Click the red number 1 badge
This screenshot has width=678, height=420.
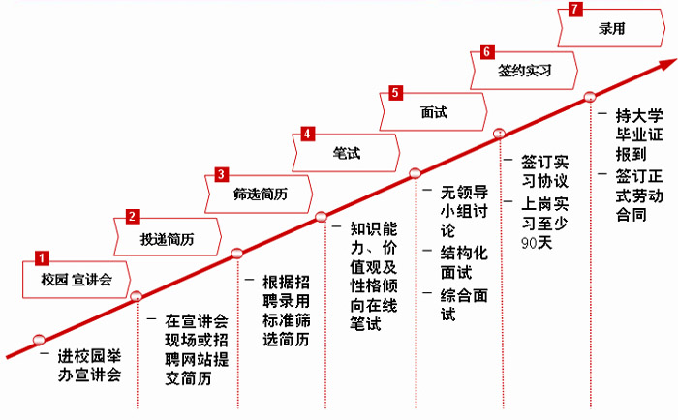[42, 258]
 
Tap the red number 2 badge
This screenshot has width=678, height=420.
[134, 218]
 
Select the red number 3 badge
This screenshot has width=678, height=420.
[222, 175]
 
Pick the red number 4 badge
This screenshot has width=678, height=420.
[307, 134]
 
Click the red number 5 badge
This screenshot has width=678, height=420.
[395, 93]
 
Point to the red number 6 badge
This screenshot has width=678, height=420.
[486, 51]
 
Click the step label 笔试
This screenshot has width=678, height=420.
[345, 154]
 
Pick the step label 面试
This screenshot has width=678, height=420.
[434, 112]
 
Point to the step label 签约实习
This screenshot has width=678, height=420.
[524, 72]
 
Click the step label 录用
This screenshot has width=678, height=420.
[612, 30]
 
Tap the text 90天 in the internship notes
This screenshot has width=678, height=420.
[538, 241]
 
